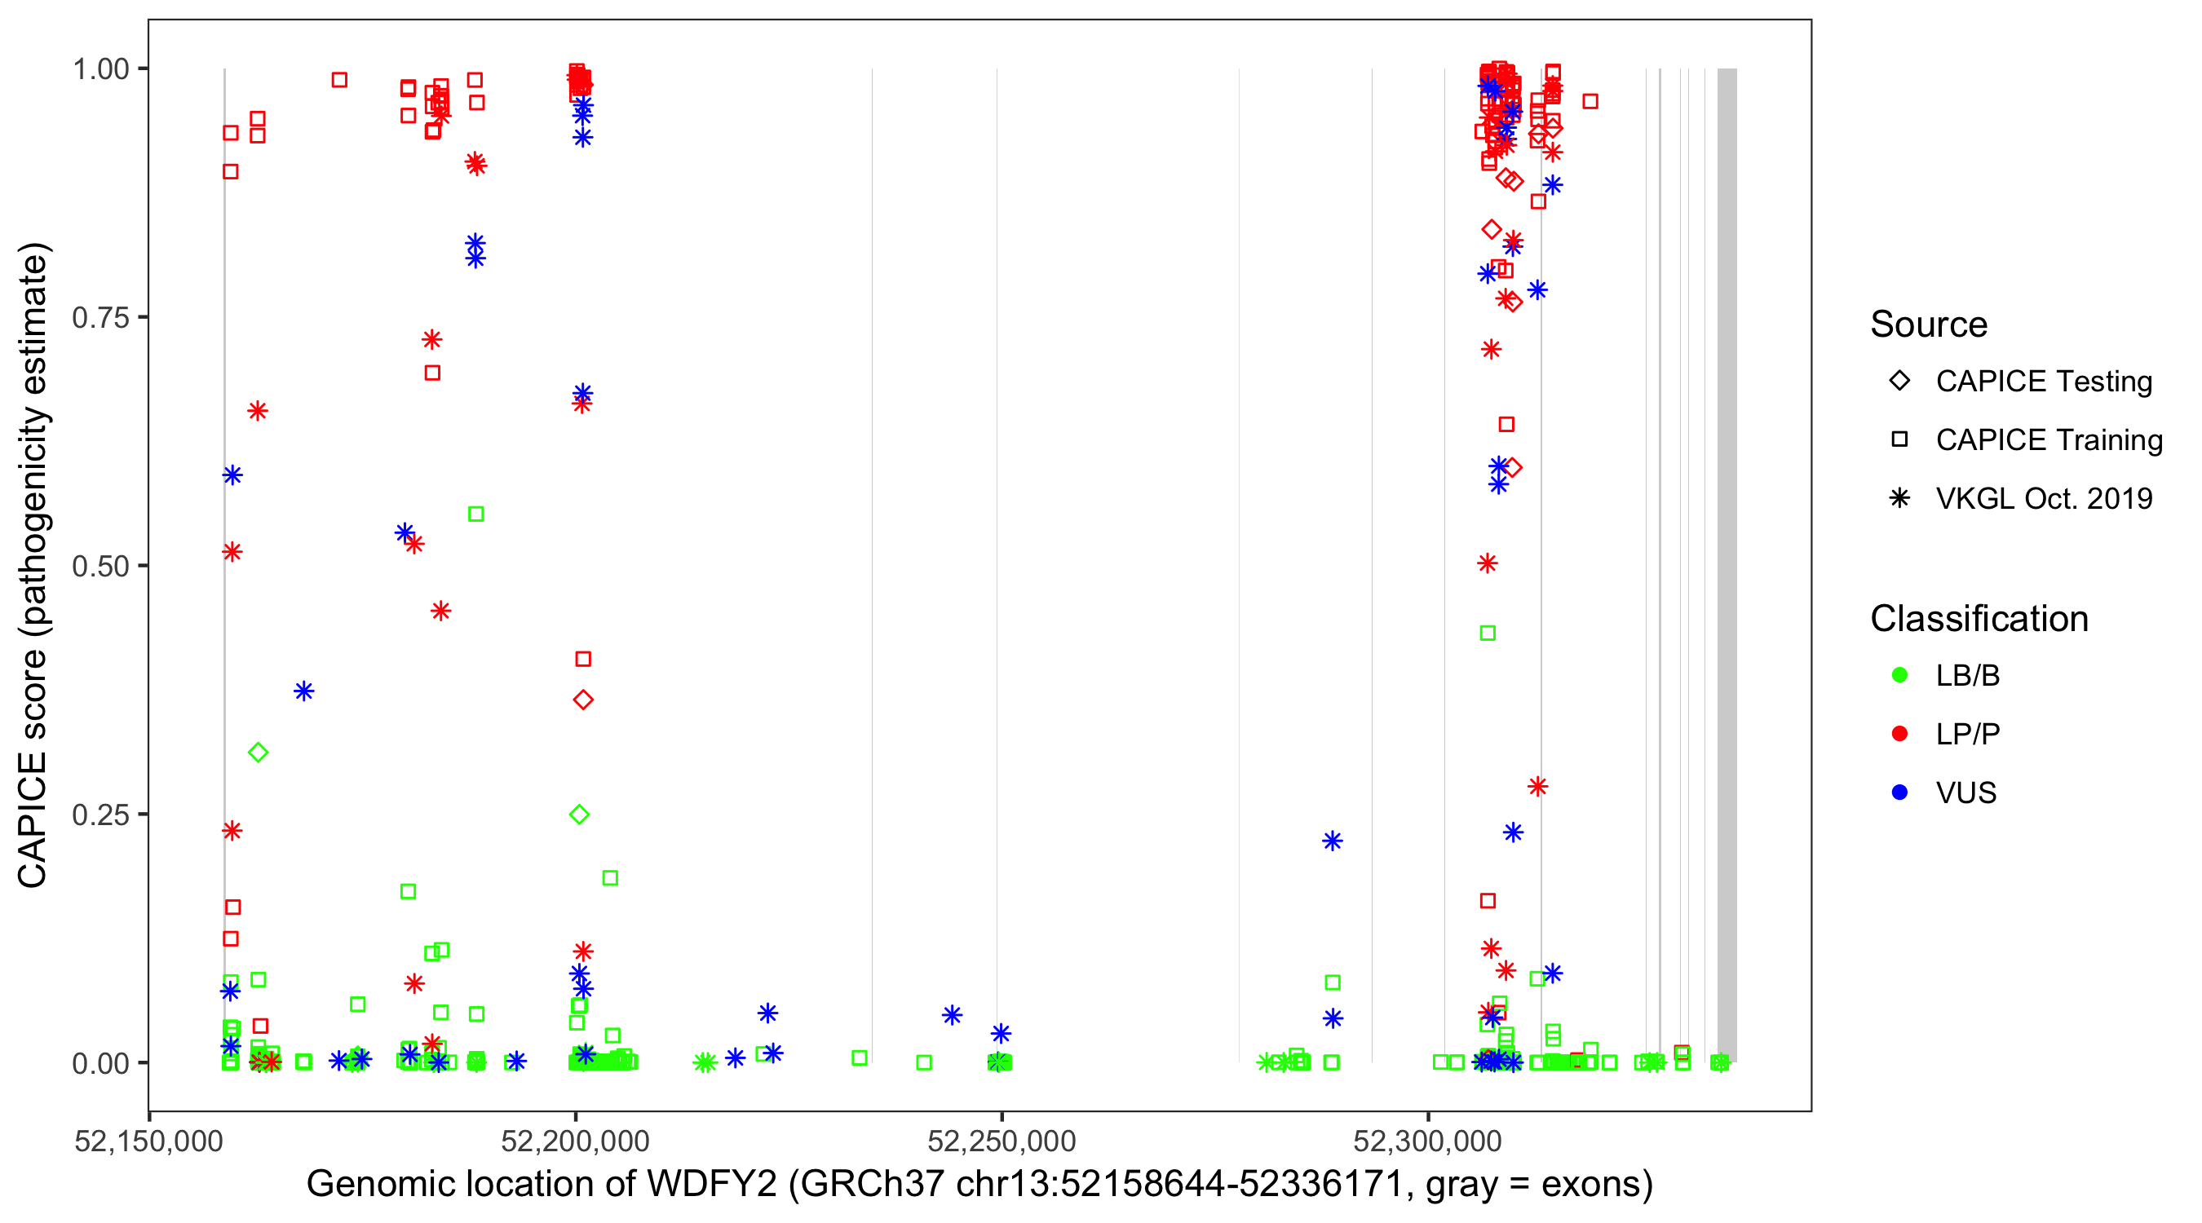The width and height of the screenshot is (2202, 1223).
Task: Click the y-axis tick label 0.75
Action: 99,318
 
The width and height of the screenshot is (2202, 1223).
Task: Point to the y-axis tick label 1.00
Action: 99,69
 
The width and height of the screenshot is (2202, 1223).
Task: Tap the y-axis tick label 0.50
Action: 99,567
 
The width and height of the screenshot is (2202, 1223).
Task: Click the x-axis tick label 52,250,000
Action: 1002,1141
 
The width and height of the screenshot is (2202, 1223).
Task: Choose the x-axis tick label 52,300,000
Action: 1427,1141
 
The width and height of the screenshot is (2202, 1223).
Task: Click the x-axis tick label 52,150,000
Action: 148,1141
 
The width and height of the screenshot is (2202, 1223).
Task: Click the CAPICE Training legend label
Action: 2049,440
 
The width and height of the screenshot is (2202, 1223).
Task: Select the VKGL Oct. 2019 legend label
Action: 2044,499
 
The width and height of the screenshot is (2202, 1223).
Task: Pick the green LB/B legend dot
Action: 1899,676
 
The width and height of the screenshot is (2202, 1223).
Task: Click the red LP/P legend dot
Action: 1899,735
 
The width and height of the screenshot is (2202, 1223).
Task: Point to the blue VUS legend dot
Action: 1899,793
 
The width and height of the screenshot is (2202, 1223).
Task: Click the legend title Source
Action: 1929,325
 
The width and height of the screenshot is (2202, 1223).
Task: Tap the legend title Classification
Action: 1979,619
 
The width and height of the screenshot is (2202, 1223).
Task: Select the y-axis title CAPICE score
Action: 33,769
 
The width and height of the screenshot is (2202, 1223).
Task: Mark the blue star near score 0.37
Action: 303,691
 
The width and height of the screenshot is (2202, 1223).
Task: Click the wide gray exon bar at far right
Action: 1727,564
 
